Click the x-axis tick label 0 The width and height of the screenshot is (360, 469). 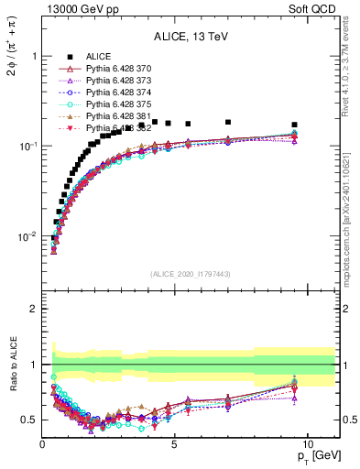(x=42, y=443)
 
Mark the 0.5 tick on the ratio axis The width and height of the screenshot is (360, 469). (x=29, y=420)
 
